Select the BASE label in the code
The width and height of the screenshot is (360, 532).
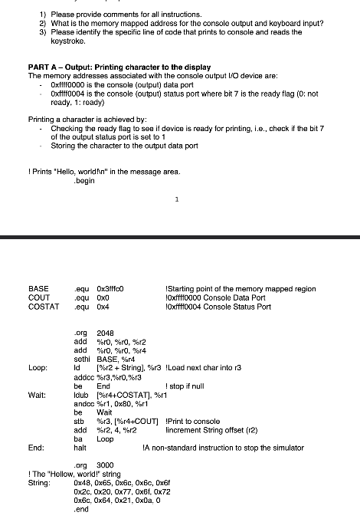pos(38,289)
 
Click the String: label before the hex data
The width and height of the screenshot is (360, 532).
pos(39,483)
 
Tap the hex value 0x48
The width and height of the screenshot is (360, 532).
pos(83,483)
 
